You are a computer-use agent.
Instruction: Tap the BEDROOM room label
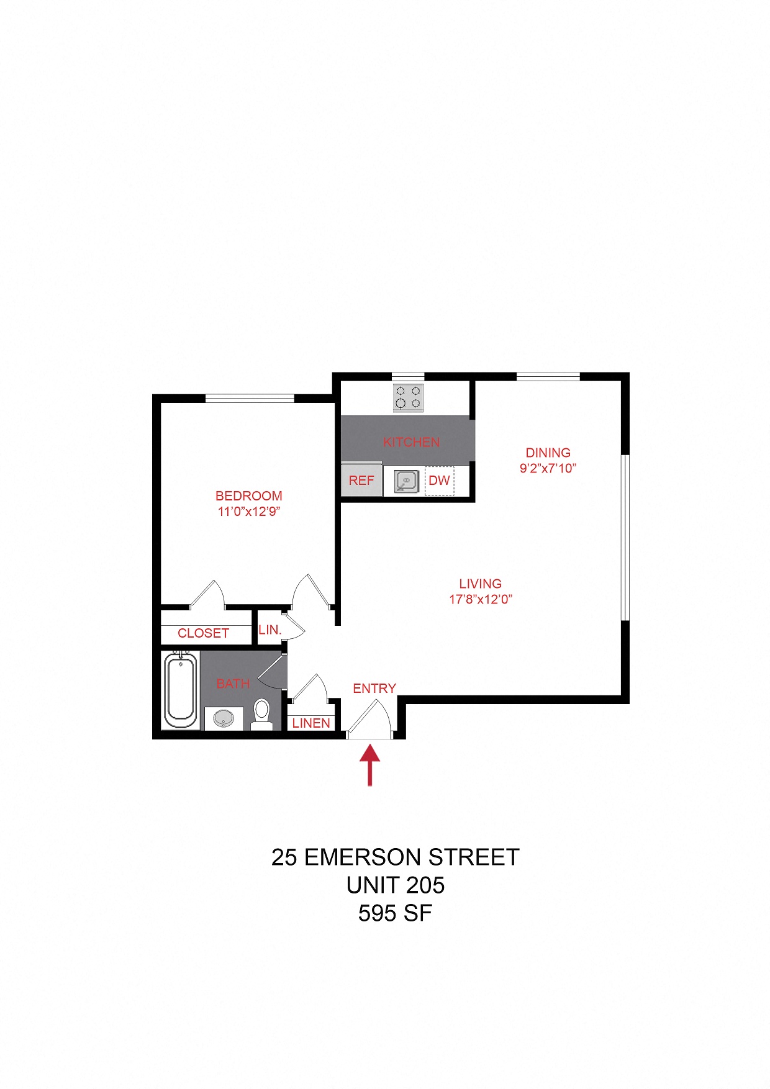click(x=248, y=496)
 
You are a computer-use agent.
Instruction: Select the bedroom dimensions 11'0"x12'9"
click(x=249, y=512)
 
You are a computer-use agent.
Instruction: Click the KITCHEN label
click(x=411, y=442)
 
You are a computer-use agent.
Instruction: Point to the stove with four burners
click(x=408, y=398)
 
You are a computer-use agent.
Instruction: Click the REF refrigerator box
click(x=361, y=479)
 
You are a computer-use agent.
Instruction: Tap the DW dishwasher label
click(x=439, y=481)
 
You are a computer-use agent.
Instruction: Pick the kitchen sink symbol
click(x=406, y=481)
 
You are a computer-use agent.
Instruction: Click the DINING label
click(x=548, y=453)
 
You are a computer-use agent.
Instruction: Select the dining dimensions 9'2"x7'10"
click(x=548, y=468)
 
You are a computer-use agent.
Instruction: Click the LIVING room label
click(x=480, y=584)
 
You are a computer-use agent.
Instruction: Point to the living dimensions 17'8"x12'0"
click(x=481, y=599)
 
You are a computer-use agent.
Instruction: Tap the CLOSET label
click(x=203, y=633)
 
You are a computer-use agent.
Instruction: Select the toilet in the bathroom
click(x=262, y=715)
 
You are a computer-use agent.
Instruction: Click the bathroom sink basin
click(x=224, y=719)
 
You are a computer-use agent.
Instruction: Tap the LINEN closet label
click(x=311, y=723)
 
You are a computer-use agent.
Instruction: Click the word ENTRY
click(x=374, y=689)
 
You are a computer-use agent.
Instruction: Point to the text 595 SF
click(x=395, y=913)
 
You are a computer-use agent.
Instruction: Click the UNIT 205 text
click(x=396, y=885)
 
